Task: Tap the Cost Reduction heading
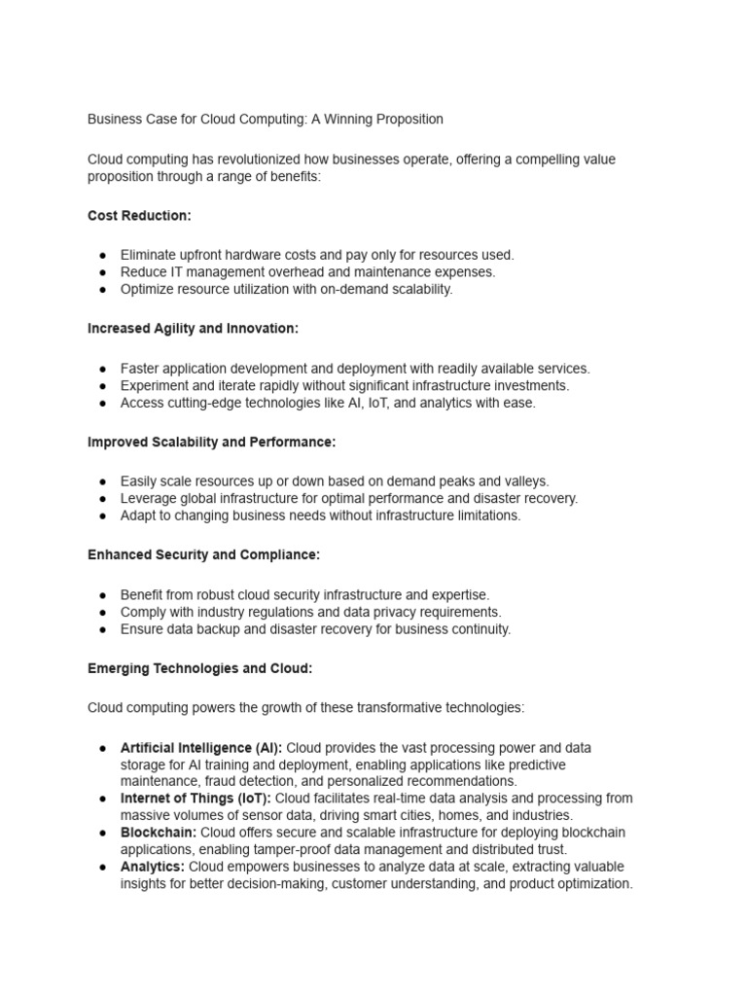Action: coord(139,216)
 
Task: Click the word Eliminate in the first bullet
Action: coord(150,255)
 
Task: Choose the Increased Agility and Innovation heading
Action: coord(193,329)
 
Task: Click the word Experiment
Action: coord(157,385)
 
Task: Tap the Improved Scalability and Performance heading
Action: coord(211,442)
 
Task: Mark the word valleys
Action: coord(526,480)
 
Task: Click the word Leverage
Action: coord(150,498)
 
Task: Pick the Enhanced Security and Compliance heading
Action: coord(203,554)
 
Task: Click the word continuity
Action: coord(478,629)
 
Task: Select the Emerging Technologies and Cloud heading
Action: coord(199,669)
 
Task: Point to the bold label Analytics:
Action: coord(153,867)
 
